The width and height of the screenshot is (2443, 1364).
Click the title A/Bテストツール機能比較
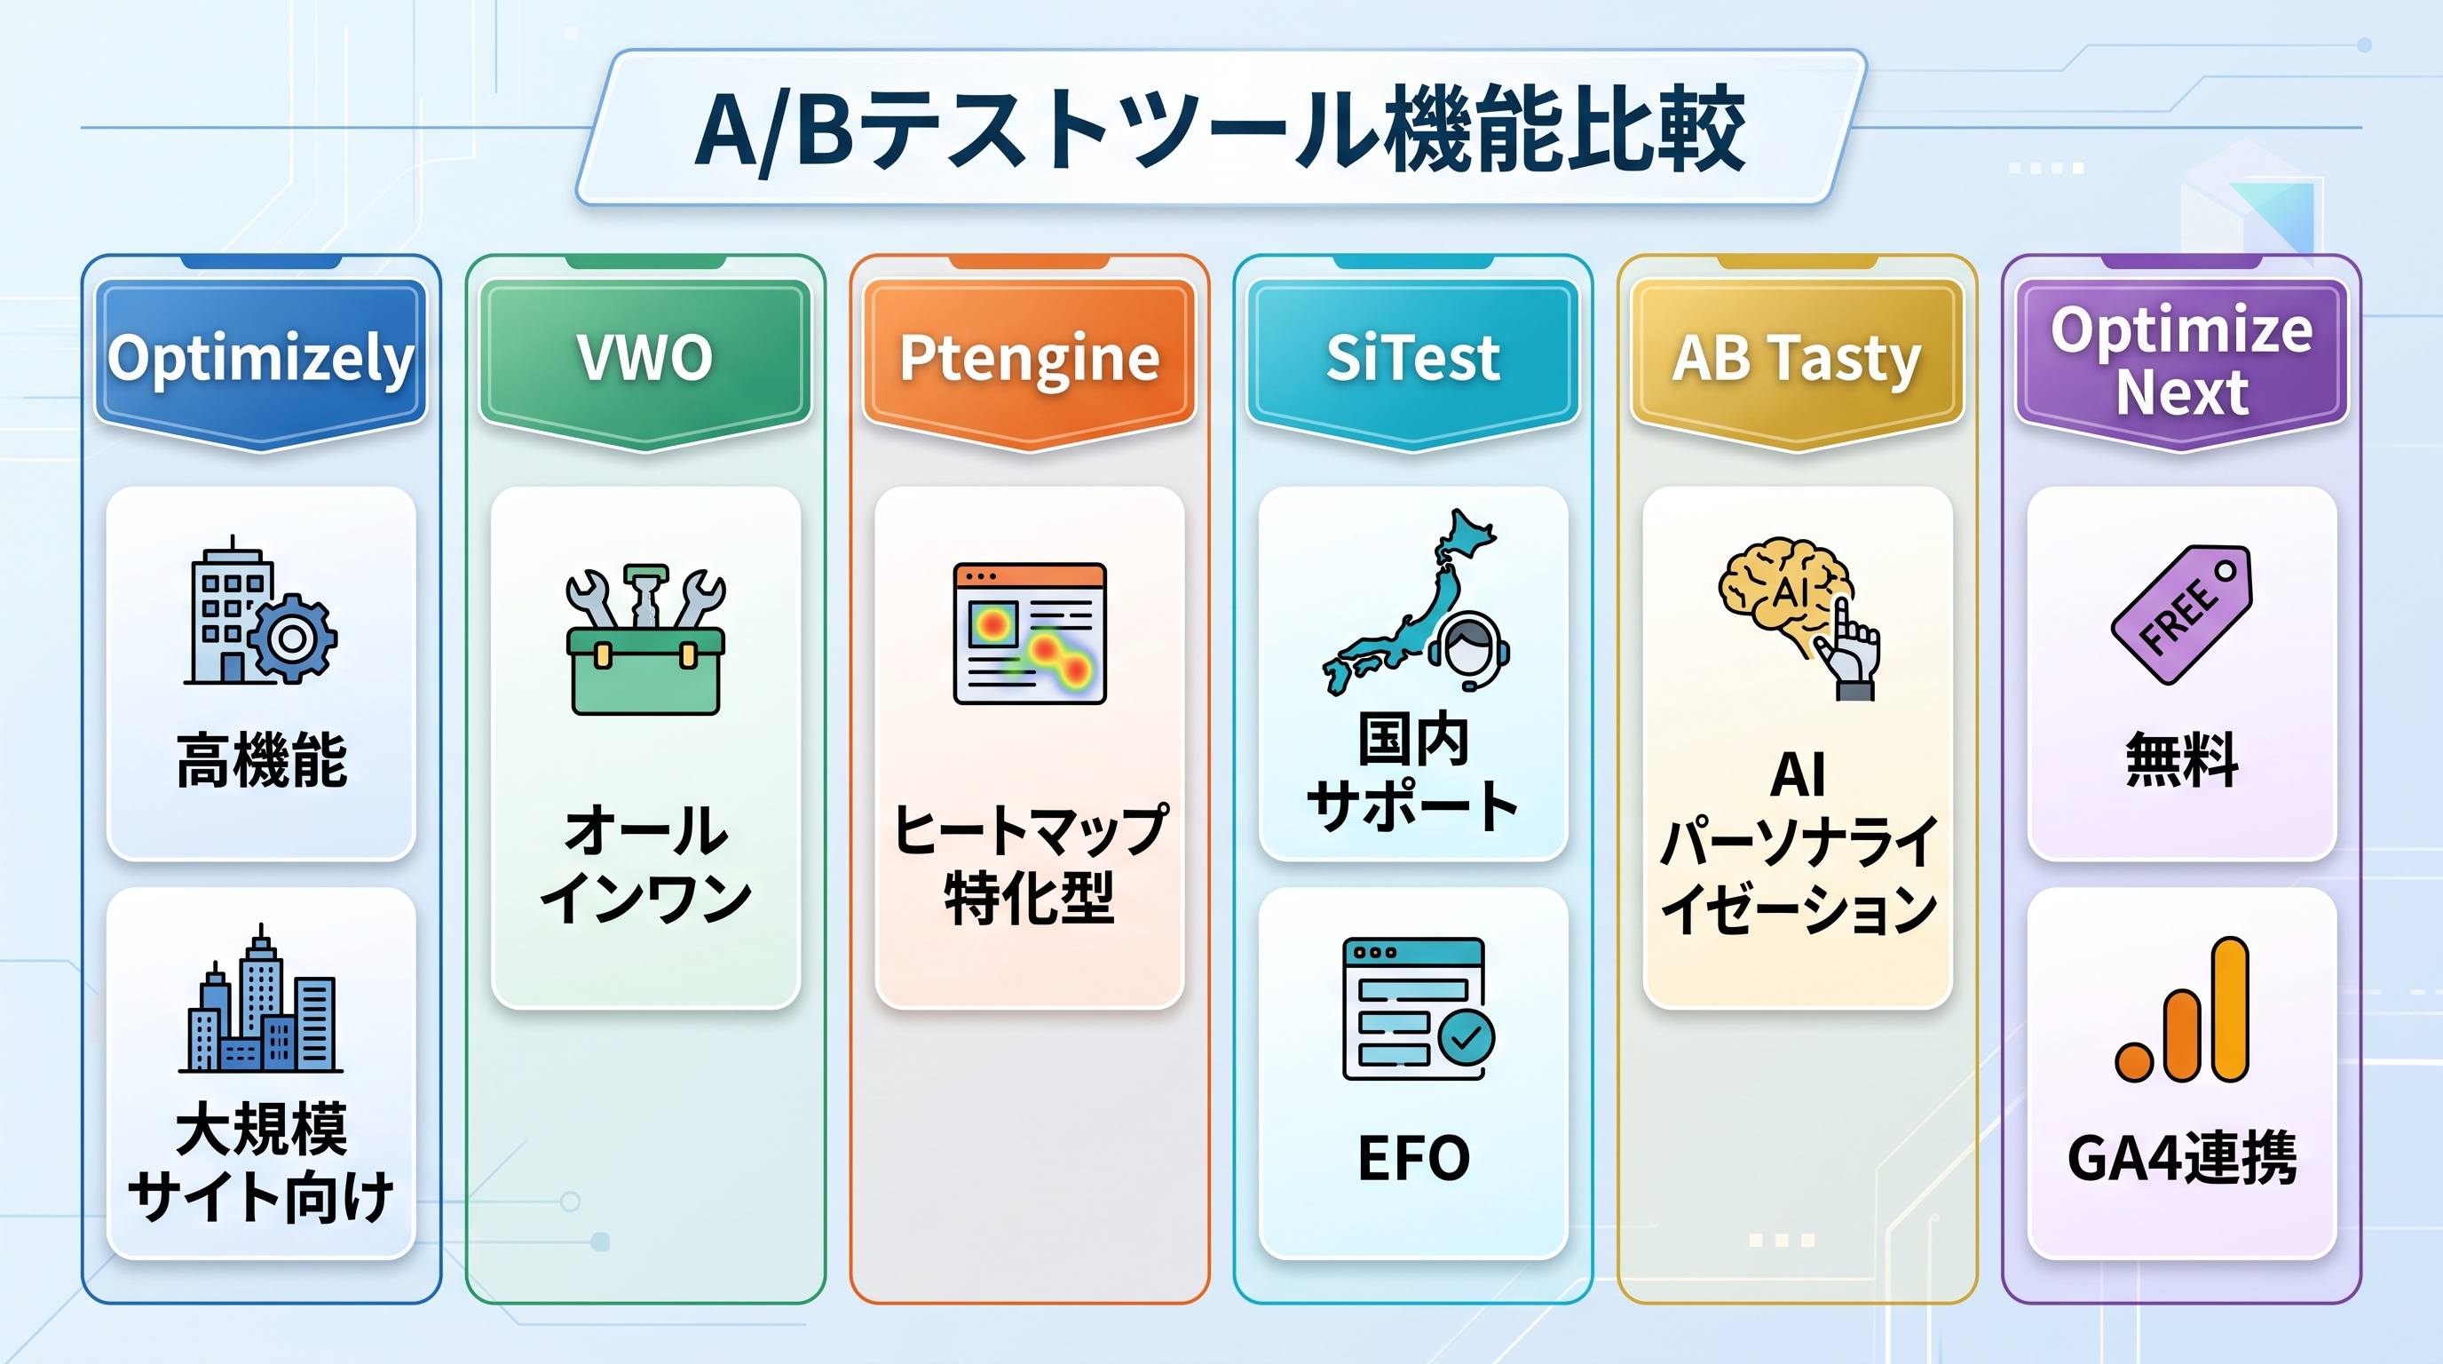coord(1220,128)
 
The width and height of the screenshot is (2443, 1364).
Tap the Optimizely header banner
coord(261,362)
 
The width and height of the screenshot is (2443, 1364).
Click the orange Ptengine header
coord(1030,362)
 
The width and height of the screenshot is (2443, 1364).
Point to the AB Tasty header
coord(1797,362)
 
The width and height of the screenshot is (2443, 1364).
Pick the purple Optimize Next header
coord(2182,362)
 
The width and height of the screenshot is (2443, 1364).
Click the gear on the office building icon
coord(293,638)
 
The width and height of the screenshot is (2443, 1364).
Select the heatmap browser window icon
coord(1030,634)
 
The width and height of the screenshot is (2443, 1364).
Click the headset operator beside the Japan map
coord(1469,651)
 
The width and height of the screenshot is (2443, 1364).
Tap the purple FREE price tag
coord(2182,614)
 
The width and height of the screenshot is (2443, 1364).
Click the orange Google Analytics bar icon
coord(2182,1010)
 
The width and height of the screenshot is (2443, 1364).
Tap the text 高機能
coord(262,761)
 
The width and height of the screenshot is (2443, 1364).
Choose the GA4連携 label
coord(2182,1158)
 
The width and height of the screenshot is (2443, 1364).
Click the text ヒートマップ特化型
coord(1030,864)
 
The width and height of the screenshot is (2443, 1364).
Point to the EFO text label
coord(1413,1158)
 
